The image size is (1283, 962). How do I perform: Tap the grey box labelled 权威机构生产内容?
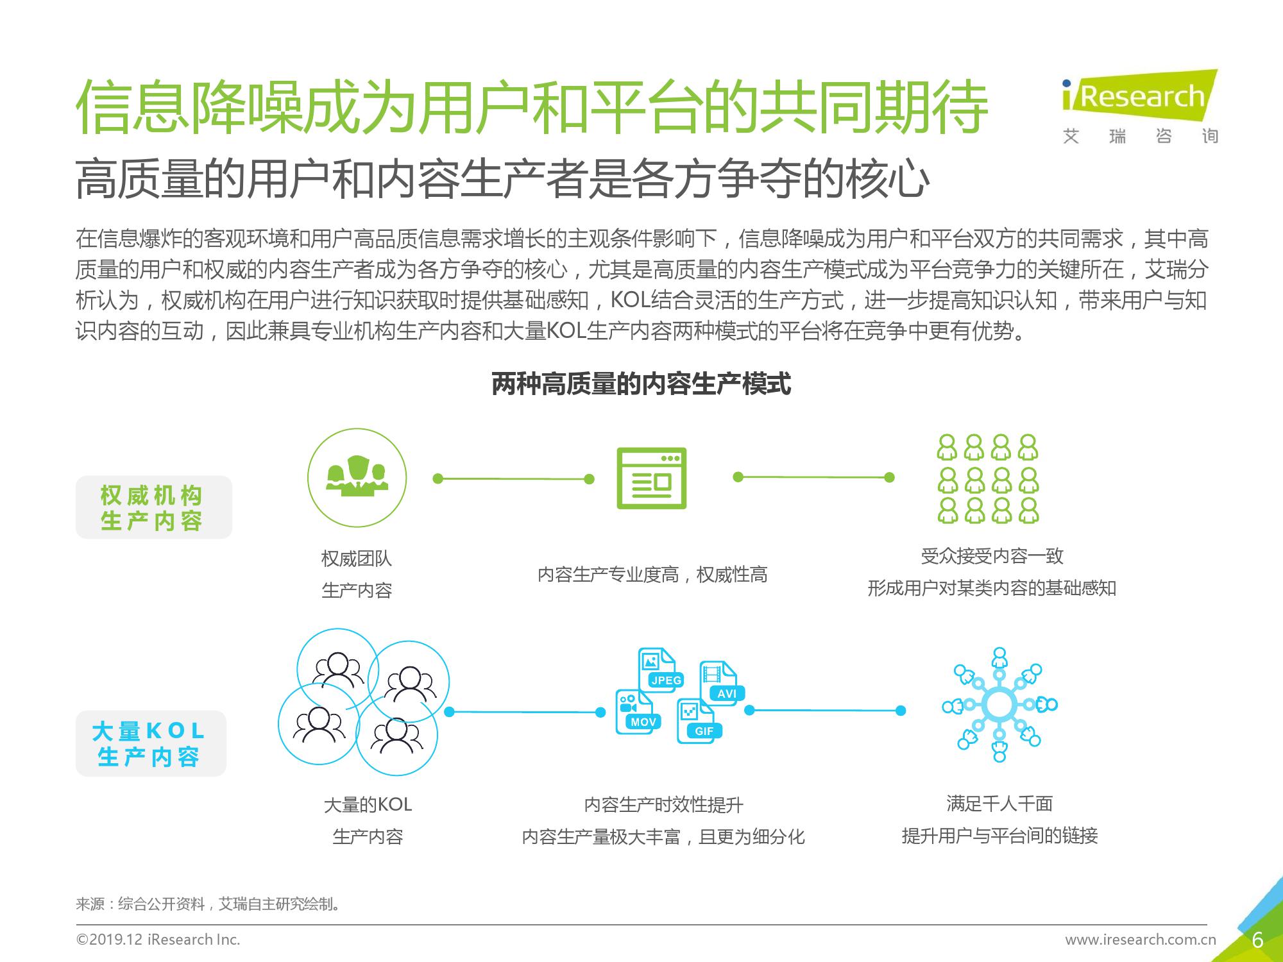coord(153,507)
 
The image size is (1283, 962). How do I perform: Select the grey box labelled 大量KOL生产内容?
coord(151,743)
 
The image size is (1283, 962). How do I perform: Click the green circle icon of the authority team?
coord(357,478)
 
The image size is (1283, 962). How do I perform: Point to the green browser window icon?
coord(652,478)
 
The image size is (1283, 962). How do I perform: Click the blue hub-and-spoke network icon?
coord(999,705)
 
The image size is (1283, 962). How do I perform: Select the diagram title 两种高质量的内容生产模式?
coord(641,384)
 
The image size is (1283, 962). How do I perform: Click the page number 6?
coord(1257,940)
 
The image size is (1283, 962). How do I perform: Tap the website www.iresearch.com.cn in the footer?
coord(1141,940)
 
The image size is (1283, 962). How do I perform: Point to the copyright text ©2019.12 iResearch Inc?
coord(158,940)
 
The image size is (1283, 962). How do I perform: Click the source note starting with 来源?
coord(208,904)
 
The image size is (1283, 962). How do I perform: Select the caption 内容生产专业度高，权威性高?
coord(652,575)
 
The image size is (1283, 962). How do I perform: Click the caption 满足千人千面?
coord(999,804)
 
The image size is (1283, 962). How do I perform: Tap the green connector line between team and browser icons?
coord(514,478)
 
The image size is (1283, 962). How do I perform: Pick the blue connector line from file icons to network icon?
coord(825,711)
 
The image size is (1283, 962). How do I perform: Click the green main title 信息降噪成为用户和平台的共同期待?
coord(532,106)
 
